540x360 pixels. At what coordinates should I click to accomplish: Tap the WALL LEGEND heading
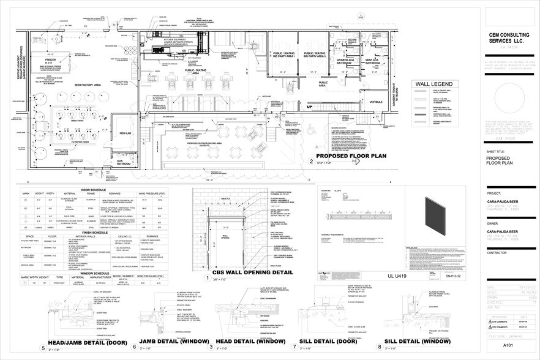(433, 84)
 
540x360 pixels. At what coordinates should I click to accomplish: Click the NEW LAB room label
(126, 133)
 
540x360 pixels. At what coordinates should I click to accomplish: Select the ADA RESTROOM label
(125, 163)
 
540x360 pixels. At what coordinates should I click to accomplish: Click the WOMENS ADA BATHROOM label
(342, 61)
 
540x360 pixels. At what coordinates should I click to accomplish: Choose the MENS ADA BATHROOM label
(373, 61)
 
